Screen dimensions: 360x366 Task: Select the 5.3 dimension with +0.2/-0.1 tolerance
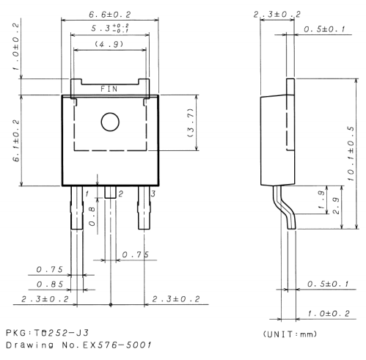tap(110, 29)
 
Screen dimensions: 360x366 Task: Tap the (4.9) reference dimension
tap(109, 45)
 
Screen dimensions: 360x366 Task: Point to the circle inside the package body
tap(110, 122)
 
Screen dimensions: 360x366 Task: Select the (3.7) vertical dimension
tap(191, 122)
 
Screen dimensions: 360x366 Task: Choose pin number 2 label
tap(120, 192)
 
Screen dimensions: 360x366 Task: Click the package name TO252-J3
tap(48, 334)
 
